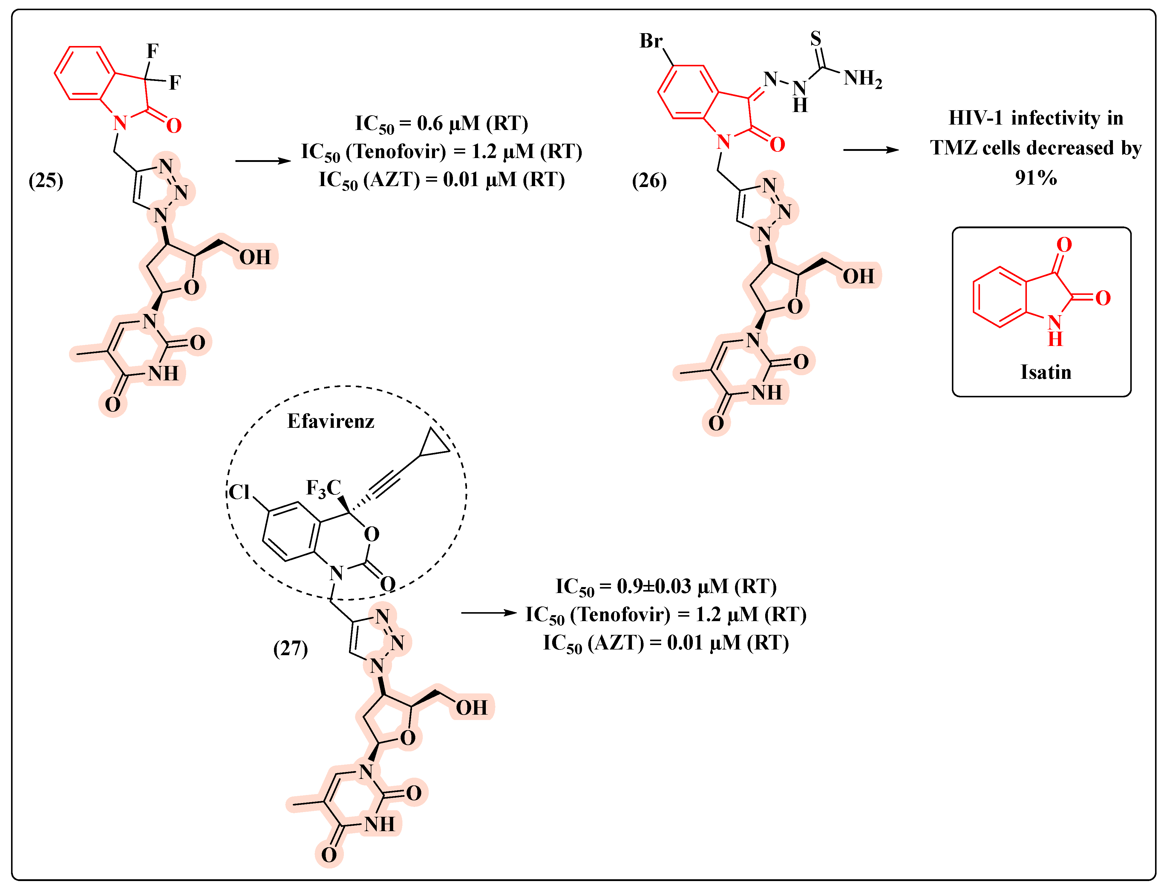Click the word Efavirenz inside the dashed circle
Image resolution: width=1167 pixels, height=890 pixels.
(330, 421)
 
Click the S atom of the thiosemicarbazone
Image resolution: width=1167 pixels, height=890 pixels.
(816, 38)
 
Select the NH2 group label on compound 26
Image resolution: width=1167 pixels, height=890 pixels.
(863, 78)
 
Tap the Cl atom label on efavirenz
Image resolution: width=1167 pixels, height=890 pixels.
(239, 492)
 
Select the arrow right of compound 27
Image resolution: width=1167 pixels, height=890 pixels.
(488, 613)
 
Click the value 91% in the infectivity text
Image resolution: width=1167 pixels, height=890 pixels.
(1036, 178)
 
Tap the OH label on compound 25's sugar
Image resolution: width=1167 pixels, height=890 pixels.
(255, 258)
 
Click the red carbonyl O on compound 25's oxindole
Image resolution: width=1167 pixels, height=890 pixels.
(174, 125)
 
